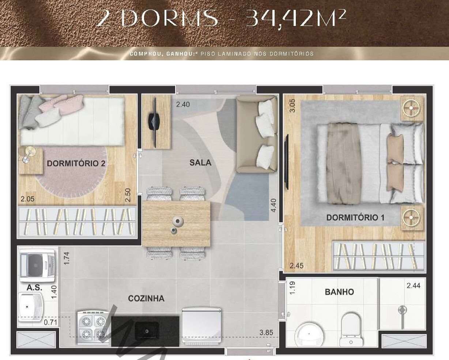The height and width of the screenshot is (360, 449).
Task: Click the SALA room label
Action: coord(200,163)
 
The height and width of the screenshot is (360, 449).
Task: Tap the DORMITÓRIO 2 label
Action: coord(76,163)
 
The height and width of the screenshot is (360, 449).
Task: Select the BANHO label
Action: coord(339,292)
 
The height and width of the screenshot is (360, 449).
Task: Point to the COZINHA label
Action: coord(146,299)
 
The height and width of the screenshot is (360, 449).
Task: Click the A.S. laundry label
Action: coord(34,288)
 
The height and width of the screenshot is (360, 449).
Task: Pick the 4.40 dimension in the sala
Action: coord(273,205)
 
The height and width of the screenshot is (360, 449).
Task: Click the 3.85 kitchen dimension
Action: coord(266,333)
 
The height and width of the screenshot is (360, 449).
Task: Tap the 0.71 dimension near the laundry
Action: coord(50,322)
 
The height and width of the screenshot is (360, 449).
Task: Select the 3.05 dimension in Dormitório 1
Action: coord(292,106)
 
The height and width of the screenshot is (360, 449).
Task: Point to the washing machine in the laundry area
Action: coord(38,266)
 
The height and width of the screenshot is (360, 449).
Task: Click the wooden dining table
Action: coord(176,224)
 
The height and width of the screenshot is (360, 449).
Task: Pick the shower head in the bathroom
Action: coord(403,310)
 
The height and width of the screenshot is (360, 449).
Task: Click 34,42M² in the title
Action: coord(296,18)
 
